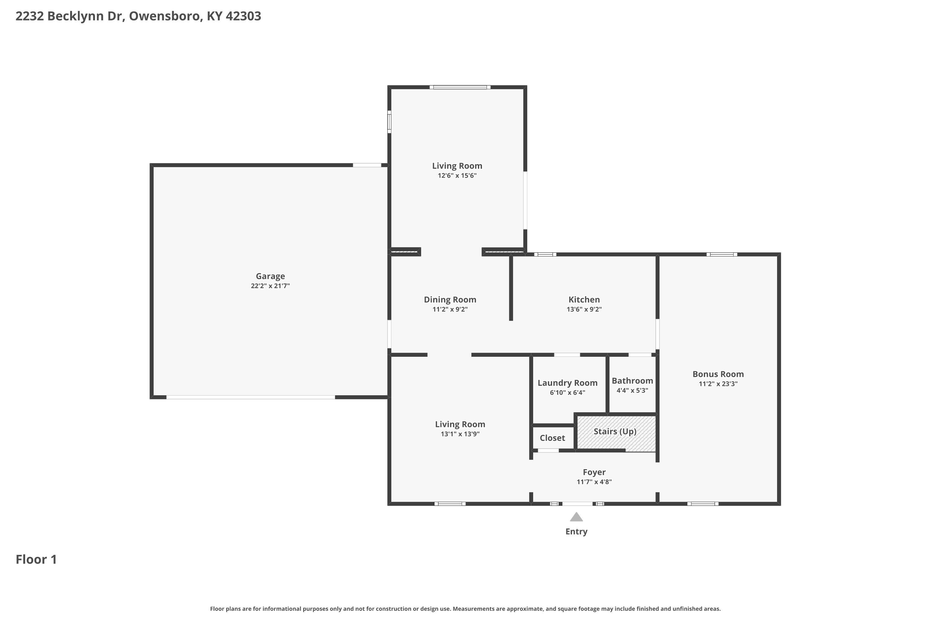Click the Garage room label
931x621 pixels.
click(x=270, y=276)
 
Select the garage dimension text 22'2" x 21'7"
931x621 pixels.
click(x=270, y=286)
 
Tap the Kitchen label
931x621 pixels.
click(x=584, y=299)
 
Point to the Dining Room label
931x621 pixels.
click(x=450, y=299)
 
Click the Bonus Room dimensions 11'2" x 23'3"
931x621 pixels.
click(x=717, y=384)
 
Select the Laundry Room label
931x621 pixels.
click(x=567, y=383)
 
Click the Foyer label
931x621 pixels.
click(x=594, y=472)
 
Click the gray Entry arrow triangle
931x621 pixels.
click(x=576, y=517)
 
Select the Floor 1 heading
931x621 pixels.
click(x=36, y=559)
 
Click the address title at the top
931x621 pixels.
click(x=138, y=16)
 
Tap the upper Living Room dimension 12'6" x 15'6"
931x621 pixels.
click(x=457, y=175)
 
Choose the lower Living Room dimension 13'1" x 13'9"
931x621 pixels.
click(x=460, y=434)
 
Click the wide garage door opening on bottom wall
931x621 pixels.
click(x=250, y=397)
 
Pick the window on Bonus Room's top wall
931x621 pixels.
click(x=721, y=254)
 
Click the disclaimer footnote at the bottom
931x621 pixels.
click(x=465, y=609)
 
